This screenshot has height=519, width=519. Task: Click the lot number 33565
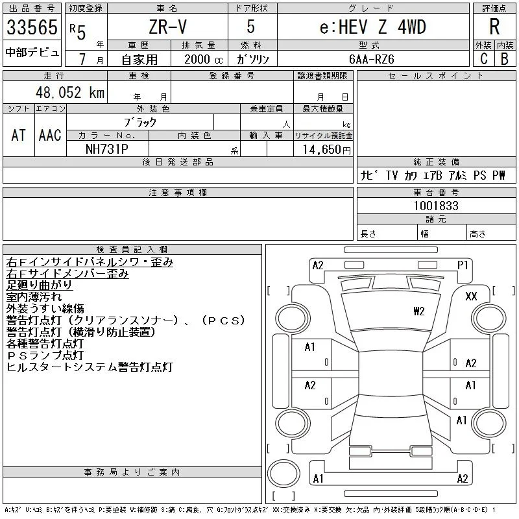32,27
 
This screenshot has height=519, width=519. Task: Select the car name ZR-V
167,27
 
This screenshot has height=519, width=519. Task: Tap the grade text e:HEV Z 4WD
372,27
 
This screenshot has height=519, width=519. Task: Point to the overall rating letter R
494,27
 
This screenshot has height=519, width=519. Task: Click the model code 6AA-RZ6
371,59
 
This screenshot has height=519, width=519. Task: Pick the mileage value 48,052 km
70,92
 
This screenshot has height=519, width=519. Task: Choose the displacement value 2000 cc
203,60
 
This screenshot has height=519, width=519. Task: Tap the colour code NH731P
107,149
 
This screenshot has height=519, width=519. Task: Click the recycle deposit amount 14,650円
326,150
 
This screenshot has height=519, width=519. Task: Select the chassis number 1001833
436,206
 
